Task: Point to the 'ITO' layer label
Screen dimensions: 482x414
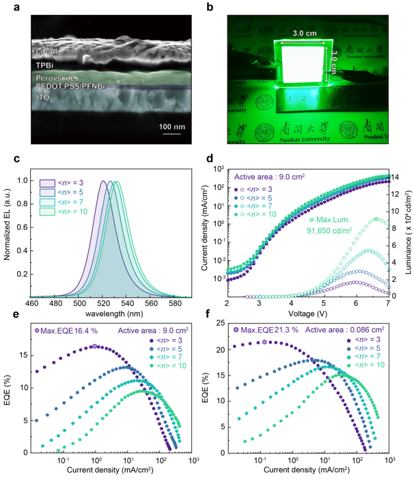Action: (44, 98)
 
